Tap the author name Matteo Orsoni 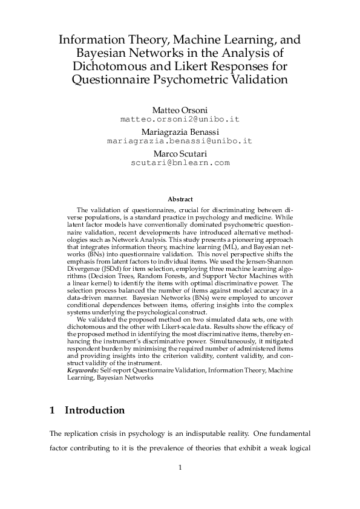(180, 111)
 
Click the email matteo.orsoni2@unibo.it (180, 120)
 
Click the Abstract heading (180, 199)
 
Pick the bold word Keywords (82, 369)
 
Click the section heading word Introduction (94, 410)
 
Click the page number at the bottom (180, 467)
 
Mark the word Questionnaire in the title (111, 79)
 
